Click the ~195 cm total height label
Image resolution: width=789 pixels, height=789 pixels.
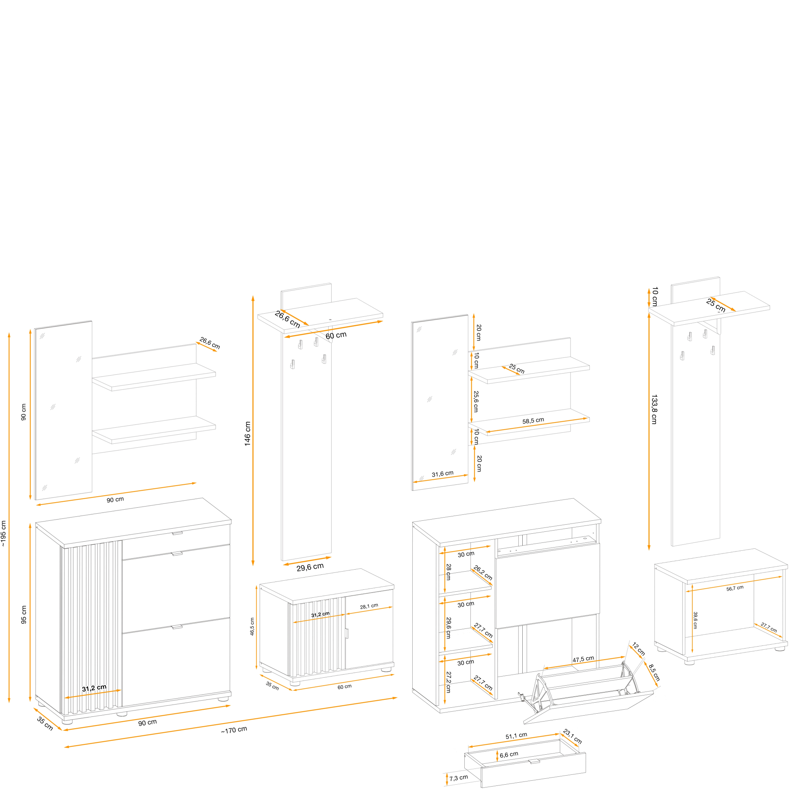click(4, 533)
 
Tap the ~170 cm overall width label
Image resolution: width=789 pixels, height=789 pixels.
click(234, 741)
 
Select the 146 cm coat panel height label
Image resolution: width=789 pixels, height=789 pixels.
click(248, 434)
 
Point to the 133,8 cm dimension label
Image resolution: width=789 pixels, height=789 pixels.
click(654, 409)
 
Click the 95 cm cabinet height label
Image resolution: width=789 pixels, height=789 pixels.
click(24, 615)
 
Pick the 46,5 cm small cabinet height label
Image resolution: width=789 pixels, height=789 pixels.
click(252, 626)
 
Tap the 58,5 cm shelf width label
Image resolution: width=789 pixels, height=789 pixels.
click(533, 421)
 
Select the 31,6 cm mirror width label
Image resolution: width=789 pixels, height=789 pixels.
click(443, 474)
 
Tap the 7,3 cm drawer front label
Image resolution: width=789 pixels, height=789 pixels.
click(459, 778)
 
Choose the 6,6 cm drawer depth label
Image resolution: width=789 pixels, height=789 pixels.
click(509, 755)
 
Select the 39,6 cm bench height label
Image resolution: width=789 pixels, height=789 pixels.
click(695, 620)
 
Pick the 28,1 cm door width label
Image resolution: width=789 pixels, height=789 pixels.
click(369, 606)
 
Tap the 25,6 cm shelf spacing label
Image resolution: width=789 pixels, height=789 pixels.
click(476, 402)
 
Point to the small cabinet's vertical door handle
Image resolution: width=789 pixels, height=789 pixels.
click(347, 634)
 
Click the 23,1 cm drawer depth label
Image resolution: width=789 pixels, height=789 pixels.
click(572, 736)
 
